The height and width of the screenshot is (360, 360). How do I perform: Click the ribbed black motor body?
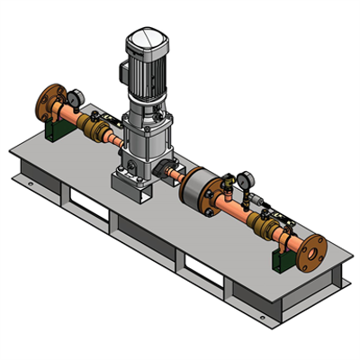click(148, 72)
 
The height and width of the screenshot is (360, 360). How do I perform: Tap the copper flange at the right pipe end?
click(310, 251)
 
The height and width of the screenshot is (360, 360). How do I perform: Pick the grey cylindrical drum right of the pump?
click(198, 188)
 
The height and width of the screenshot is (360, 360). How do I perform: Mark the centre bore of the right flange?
click(311, 252)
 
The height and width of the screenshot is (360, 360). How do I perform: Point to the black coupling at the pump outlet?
click(171, 170)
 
